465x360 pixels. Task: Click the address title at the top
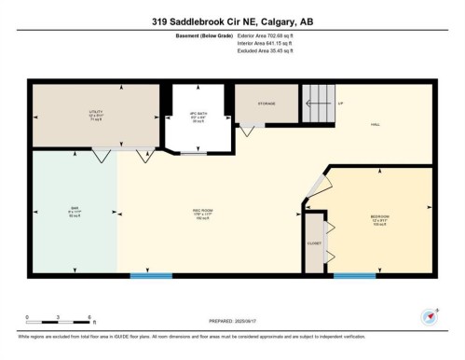232,21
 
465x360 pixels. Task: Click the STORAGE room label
265,104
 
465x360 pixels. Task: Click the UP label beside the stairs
341,103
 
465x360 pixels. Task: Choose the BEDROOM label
378,218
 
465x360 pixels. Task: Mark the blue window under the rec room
151,275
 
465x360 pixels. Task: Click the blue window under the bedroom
354,275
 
